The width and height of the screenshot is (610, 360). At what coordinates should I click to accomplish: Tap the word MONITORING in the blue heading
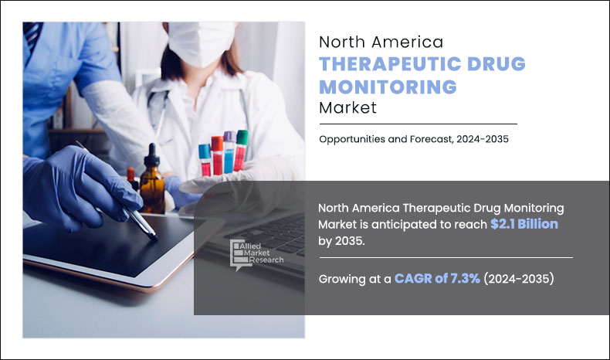tap(388, 87)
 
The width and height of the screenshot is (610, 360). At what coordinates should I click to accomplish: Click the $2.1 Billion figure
tap(524, 224)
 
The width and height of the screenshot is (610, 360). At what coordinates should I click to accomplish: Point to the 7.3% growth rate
tap(465, 278)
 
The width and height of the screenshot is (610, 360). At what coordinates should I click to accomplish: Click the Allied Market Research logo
tap(256, 254)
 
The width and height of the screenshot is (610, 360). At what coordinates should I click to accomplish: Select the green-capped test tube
tap(241, 150)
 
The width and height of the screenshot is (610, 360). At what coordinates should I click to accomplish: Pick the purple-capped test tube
tap(229, 152)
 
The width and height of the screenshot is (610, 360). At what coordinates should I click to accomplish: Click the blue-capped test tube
tap(205, 160)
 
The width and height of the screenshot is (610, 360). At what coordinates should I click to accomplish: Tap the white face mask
tap(201, 42)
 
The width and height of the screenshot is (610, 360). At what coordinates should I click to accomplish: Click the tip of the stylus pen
tap(155, 237)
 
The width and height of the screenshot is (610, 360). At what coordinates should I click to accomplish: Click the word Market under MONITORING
tap(347, 108)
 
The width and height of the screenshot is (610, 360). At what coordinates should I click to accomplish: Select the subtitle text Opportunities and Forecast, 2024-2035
tap(414, 139)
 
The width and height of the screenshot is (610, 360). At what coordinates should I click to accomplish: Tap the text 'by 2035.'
tap(341, 241)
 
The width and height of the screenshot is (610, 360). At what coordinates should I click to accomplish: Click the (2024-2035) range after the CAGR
tap(519, 279)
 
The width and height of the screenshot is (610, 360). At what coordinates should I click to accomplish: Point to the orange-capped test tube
tap(217, 155)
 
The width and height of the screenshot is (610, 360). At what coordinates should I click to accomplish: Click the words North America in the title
tap(381, 42)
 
